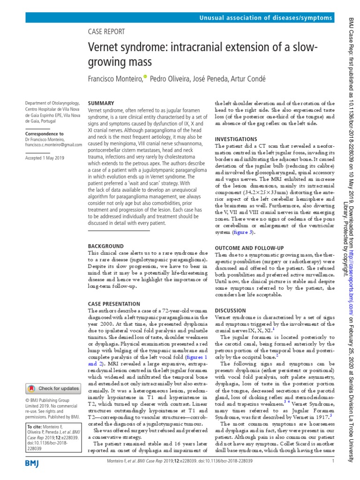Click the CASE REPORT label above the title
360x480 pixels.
tap(106, 32)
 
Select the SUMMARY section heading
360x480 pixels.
tap(101, 103)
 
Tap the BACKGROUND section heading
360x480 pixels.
tap(106, 246)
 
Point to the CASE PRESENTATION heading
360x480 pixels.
tap(114, 304)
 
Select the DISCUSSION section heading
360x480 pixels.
tap(230, 311)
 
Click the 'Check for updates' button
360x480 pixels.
tap(52, 388)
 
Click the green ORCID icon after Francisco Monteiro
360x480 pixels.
tap(145, 76)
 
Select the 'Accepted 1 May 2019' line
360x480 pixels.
tap(45, 158)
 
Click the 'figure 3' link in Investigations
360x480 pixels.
tap(243, 232)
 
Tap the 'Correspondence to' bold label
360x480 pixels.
tap(45, 134)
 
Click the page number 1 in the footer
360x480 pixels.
tap(332, 461)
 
